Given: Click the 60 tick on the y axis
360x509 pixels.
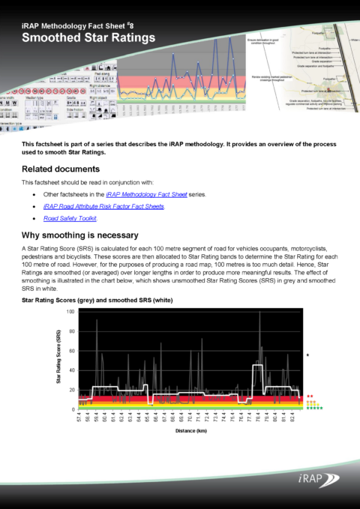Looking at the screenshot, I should pyautogui.click(x=71, y=352).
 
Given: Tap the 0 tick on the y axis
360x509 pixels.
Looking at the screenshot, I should pyautogui.click(x=73, y=409).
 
